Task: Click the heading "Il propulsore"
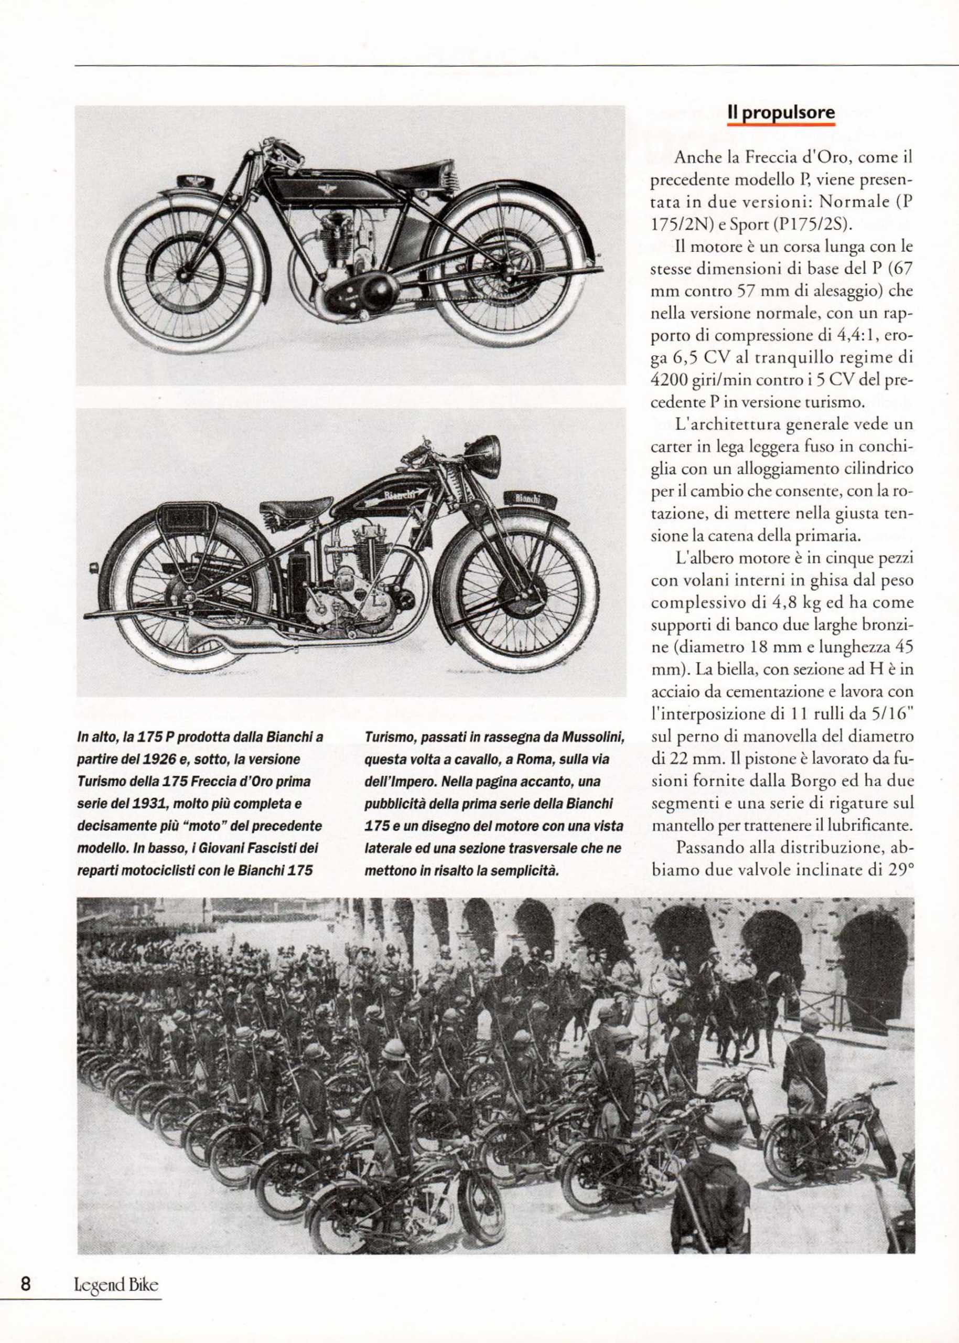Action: [x=781, y=113]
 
